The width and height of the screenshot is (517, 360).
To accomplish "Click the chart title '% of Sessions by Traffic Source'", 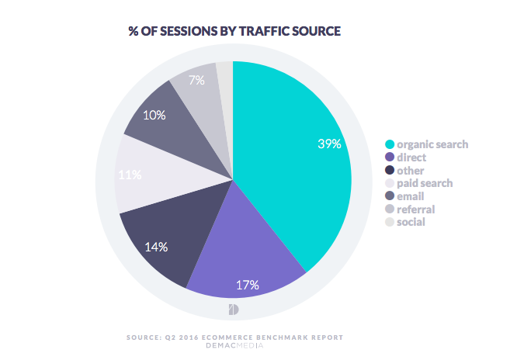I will click(234, 31).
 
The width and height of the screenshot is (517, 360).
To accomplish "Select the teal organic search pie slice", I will click(287, 178).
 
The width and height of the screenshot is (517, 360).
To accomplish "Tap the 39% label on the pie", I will click(329, 144).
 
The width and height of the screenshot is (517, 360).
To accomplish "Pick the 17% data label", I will click(248, 285).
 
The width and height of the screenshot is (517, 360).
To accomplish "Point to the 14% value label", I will click(157, 247).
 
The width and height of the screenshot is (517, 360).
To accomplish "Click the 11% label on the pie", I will click(130, 175).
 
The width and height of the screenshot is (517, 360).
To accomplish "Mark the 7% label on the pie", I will click(196, 81).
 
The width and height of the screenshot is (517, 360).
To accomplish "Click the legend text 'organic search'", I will click(432, 144).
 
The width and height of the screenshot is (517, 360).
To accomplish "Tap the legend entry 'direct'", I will click(412, 157).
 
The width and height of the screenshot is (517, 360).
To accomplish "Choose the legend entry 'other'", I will click(411, 170).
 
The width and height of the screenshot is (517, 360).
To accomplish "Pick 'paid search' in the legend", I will click(425, 183).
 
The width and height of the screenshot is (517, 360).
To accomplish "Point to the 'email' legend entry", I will click(411, 196).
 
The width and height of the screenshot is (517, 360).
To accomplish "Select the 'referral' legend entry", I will click(415, 209).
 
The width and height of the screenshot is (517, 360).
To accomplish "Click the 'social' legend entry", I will click(411, 223).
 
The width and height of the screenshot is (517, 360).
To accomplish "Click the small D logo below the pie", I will click(234, 310).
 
